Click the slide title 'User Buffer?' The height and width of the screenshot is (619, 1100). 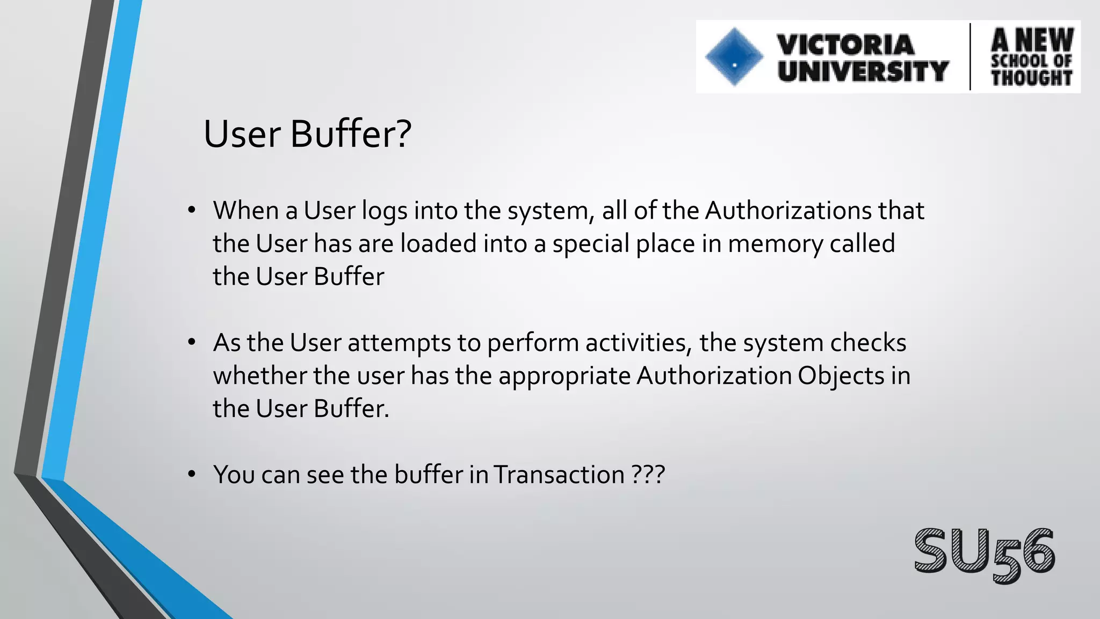click(307, 134)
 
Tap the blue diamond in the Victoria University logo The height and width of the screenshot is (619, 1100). click(734, 56)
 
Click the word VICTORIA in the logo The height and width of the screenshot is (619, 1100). click(845, 45)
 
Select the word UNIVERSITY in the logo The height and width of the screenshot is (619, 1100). click(863, 71)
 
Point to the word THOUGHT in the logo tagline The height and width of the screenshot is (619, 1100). click(1031, 78)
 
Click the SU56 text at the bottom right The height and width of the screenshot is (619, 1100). click(985, 553)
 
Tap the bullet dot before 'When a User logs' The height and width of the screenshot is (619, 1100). click(192, 210)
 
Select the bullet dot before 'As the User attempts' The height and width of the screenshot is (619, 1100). click(192, 342)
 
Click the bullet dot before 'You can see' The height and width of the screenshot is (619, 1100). click(192, 474)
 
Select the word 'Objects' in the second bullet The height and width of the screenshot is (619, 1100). click(841, 376)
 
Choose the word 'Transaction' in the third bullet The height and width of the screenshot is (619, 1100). click(559, 474)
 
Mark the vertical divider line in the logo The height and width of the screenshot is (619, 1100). click(970, 56)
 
